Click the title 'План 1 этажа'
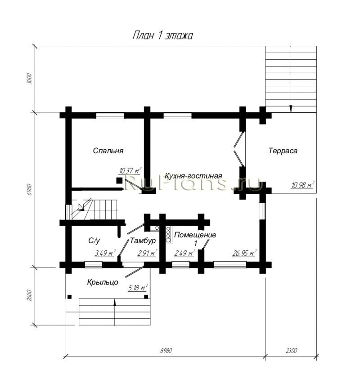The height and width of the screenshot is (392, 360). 162,36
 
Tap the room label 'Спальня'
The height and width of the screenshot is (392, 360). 108,151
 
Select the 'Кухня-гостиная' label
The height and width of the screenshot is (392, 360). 193,176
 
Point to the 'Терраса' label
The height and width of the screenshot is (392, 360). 283,151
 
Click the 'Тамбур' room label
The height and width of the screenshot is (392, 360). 143,241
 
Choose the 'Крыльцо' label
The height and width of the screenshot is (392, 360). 103,282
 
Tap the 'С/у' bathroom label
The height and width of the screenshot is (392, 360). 94,241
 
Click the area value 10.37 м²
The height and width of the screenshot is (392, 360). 130,171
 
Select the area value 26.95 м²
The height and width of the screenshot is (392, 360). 244,253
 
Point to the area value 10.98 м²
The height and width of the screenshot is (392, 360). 303,185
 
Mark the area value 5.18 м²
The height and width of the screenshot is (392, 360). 138,288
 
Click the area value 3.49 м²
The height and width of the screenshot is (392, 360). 105,253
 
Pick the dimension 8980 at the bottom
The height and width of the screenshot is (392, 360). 166,351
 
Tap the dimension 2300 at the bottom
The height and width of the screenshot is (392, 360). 291,351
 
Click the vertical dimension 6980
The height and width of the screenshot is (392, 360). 30,190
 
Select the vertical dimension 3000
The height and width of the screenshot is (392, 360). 30,79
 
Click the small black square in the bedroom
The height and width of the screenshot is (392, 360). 119,180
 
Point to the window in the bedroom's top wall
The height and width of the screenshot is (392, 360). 110,115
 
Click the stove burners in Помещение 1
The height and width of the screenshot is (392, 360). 168,235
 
